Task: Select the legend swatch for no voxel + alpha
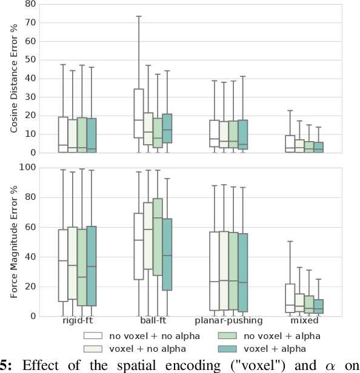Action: click(x=223, y=335)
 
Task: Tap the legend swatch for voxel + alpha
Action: click(x=223, y=348)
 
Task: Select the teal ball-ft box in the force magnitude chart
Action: click(x=167, y=254)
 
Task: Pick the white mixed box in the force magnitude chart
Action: click(x=290, y=299)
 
